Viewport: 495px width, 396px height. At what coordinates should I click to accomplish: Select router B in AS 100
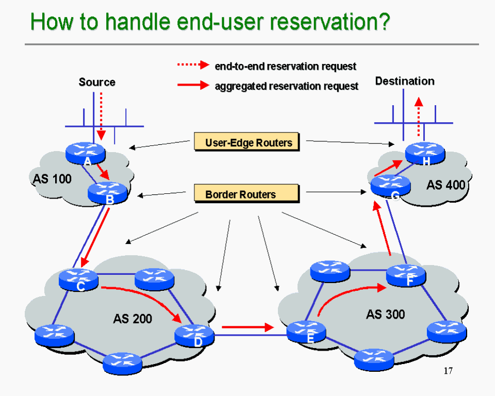tap(107, 192)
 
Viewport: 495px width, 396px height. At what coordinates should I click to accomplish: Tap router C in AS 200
tap(78, 278)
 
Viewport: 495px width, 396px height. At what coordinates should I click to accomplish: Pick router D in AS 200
tap(194, 335)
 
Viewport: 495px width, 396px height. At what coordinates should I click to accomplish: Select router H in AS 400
tap(424, 153)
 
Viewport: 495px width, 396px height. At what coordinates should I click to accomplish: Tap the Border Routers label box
tap(246, 194)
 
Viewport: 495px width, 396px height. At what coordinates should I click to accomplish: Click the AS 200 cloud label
tap(133, 319)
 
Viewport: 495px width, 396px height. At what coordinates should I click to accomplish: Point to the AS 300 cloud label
tap(386, 314)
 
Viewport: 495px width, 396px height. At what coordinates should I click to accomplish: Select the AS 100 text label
tap(52, 179)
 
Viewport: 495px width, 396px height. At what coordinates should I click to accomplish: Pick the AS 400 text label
tap(445, 185)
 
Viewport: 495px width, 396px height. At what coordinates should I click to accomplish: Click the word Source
tap(97, 82)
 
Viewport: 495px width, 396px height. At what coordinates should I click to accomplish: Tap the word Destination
tap(405, 81)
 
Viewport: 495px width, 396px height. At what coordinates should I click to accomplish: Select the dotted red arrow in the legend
tap(193, 65)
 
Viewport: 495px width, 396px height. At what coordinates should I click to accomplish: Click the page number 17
tap(448, 371)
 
